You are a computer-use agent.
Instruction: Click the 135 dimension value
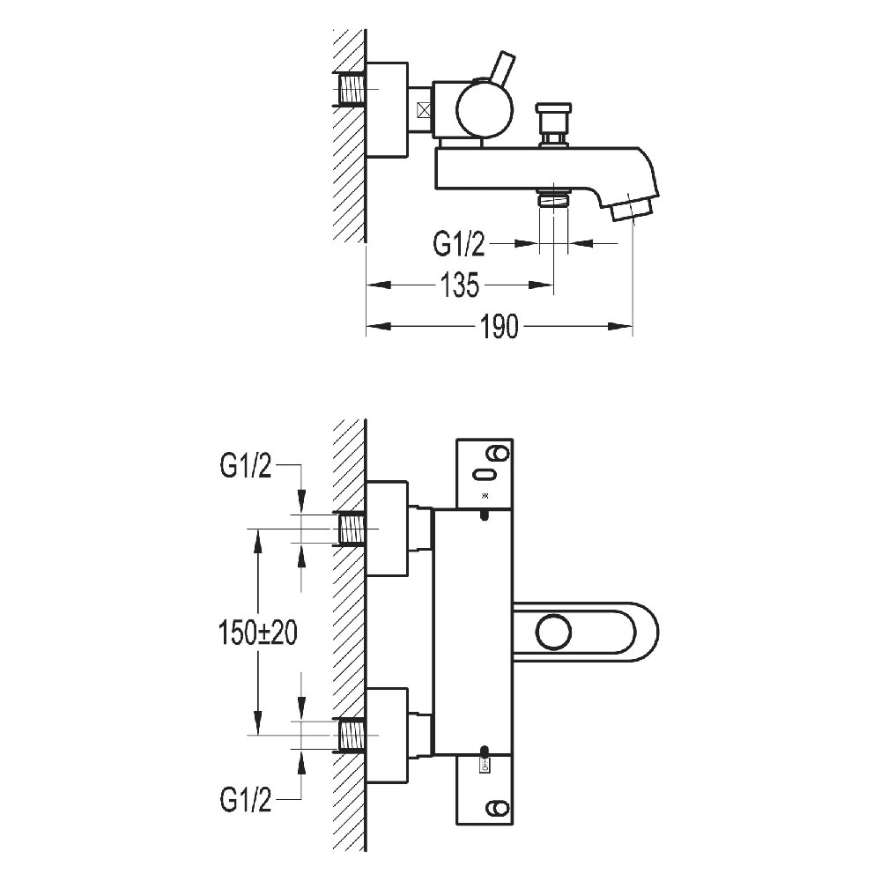pos(460,285)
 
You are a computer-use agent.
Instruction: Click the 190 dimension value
pos(500,327)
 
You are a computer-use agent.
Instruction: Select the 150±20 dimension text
pos(257,633)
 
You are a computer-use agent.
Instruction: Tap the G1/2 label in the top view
pos(458,244)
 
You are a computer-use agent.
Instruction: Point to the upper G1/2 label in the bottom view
pos(246,466)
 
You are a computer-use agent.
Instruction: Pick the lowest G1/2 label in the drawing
pos(246,799)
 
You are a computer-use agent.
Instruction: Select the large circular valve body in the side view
pos(485,109)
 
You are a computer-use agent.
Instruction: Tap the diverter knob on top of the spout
pos(553,125)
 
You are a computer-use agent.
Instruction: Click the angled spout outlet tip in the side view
pos(633,208)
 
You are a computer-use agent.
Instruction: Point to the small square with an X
pos(424,109)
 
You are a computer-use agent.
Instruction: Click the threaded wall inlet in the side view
pos(351,89)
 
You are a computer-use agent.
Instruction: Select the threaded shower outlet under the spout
pos(553,199)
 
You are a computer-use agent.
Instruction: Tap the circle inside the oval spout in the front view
pos(553,632)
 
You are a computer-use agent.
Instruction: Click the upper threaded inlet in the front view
pos(352,529)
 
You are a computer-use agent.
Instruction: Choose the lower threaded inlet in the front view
pos(352,735)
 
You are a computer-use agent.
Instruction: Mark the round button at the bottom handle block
pos(498,809)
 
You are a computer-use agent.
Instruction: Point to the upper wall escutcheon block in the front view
pos(387,528)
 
